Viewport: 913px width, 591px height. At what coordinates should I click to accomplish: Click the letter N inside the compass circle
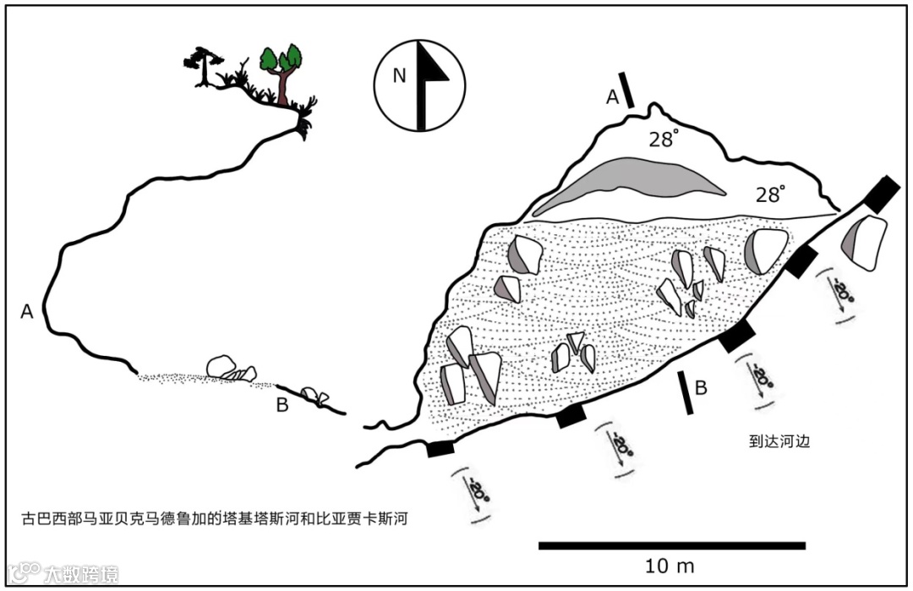pos(399,76)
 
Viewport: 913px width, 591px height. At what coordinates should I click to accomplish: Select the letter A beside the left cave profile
pos(27,312)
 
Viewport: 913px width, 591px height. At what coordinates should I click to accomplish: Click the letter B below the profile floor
pos(282,405)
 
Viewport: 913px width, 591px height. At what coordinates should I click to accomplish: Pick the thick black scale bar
pos(672,545)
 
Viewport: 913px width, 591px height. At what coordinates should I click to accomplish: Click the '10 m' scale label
pos(670,566)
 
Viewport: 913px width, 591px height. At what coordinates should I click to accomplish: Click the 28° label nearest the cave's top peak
pos(664,140)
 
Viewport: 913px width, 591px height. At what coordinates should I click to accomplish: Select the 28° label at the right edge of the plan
pos(771,194)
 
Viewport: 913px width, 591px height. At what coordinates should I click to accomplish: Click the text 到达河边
pos(774,440)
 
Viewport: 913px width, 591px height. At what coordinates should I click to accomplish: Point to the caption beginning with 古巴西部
pos(215,517)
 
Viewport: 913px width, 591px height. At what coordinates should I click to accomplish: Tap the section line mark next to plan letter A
pos(626,90)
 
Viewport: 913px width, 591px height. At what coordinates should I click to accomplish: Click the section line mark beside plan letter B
pos(686,394)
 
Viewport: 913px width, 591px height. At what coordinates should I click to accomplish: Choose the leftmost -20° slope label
pos(478,491)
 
